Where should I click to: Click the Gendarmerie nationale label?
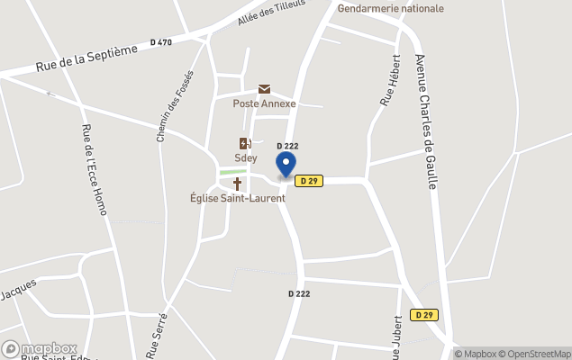click(x=391, y=8)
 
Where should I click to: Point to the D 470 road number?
click(x=161, y=41)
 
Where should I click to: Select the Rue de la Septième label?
click(x=87, y=59)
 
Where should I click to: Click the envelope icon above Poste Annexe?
click(x=264, y=89)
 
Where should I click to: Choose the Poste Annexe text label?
click(x=264, y=103)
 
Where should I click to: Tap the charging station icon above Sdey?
click(x=244, y=143)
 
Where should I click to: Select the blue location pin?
click(x=286, y=165)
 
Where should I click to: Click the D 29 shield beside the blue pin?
click(x=309, y=181)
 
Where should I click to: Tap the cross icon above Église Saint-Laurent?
click(x=238, y=184)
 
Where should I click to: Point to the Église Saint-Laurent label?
click(x=238, y=198)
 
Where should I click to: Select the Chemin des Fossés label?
click(x=175, y=107)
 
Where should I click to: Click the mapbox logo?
click(x=40, y=348)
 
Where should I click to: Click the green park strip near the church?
click(x=232, y=171)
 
